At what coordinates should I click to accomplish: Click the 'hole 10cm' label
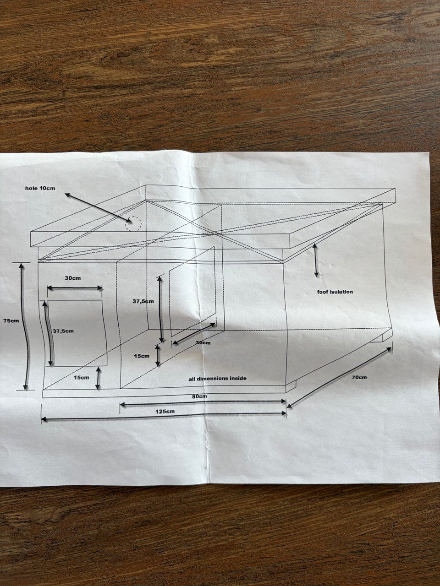click(x=40, y=188)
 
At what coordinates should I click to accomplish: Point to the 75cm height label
click(x=11, y=320)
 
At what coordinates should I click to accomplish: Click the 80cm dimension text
click(x=199, y=396)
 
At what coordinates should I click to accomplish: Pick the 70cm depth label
click(x=359, y=377)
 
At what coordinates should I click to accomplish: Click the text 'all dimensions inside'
click(x=217, y=378)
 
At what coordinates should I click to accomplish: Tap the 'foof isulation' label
click(x=335, y=292)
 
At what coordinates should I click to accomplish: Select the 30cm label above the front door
click(x=73, y=278)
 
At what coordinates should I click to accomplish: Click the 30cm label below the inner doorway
click(x=203, y=342)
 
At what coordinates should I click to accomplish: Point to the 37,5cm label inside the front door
click(x=63, y=331)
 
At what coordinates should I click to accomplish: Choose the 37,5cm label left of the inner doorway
click(x=143, y=301)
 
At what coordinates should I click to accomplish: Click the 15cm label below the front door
click(x=82, y=378)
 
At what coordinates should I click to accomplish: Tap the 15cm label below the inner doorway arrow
click(x=142, y=356)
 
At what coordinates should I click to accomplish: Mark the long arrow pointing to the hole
click(x=98, y=207)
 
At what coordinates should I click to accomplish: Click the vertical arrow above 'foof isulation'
click(x=316, y=260)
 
